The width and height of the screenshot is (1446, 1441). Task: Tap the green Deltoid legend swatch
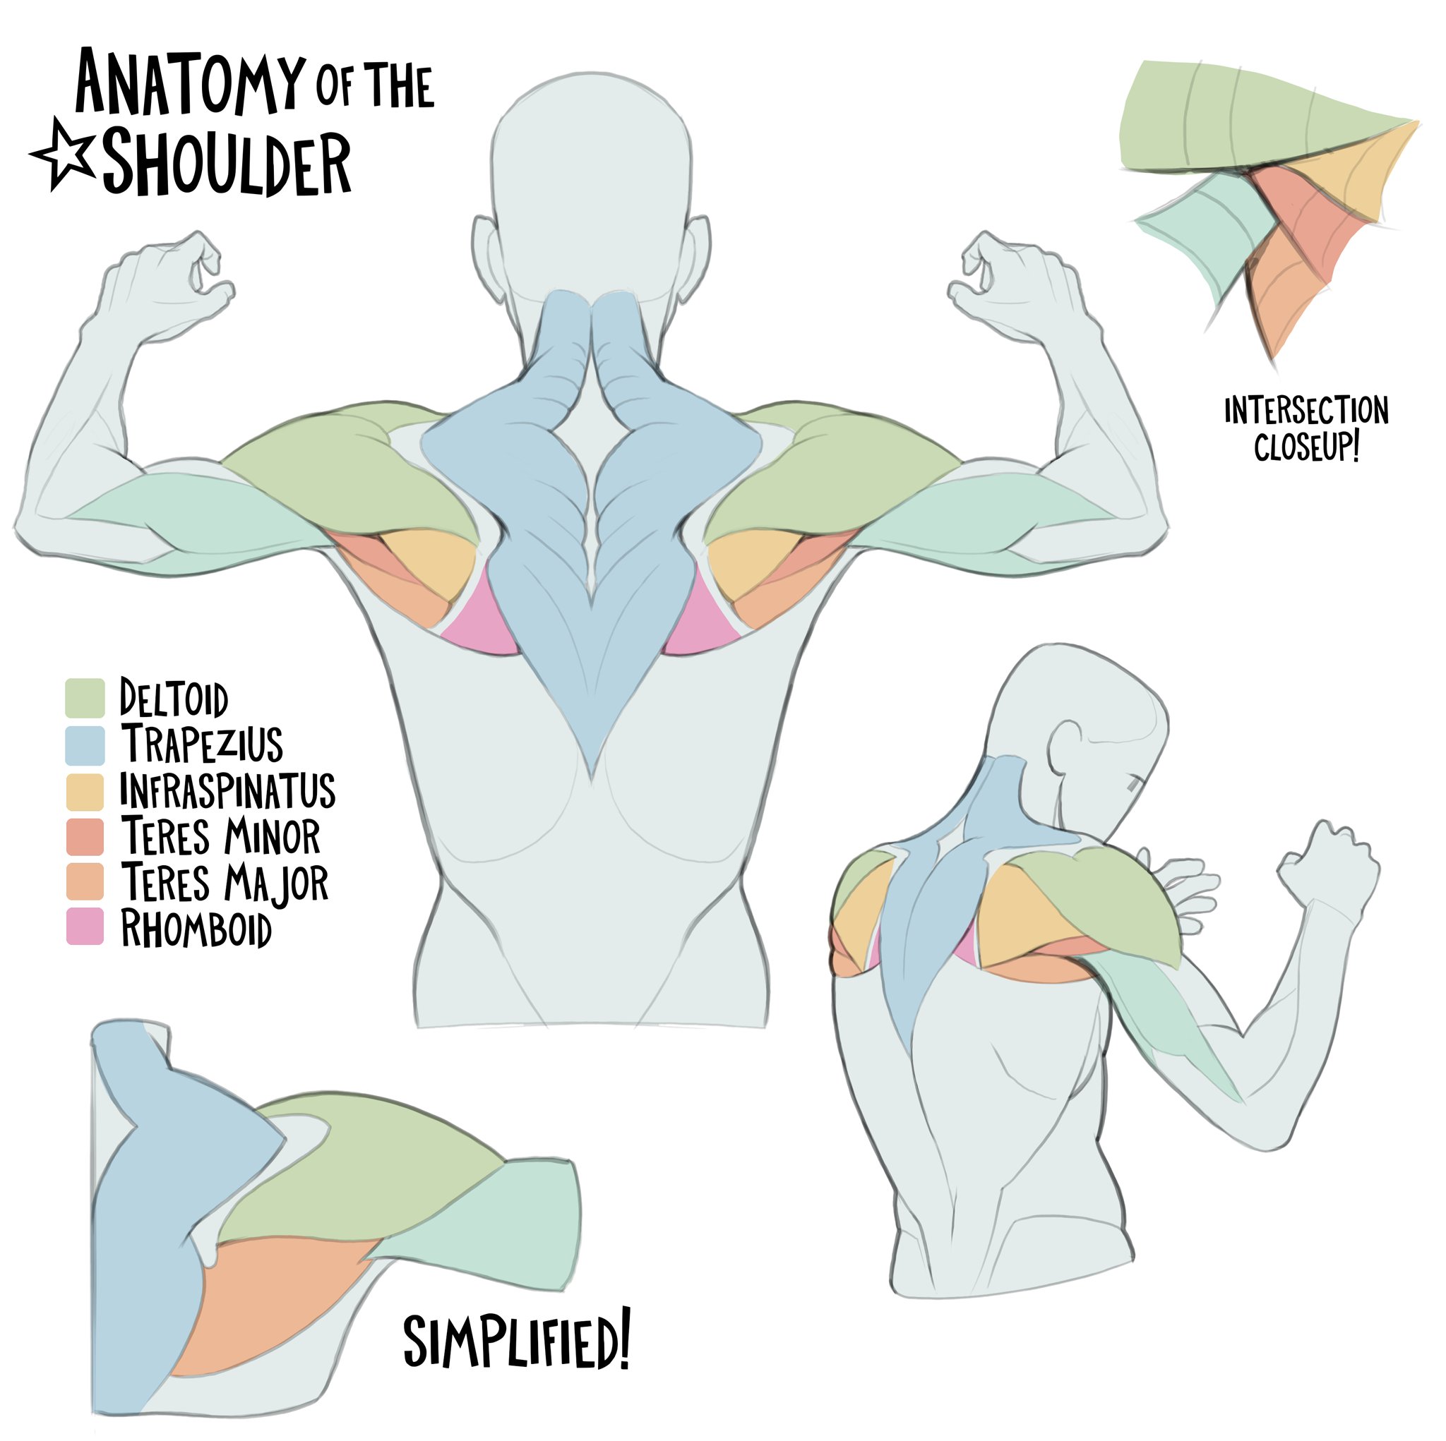pyautogui.click(x=85, y=698)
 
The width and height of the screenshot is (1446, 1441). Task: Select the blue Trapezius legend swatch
pyautogui.click(x=85, y=744)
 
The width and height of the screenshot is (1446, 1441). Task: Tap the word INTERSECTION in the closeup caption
pyautogui.click(x=1306, y=411)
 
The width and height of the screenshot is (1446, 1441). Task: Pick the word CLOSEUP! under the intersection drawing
pyautogui.click(x=1306, y=447)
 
